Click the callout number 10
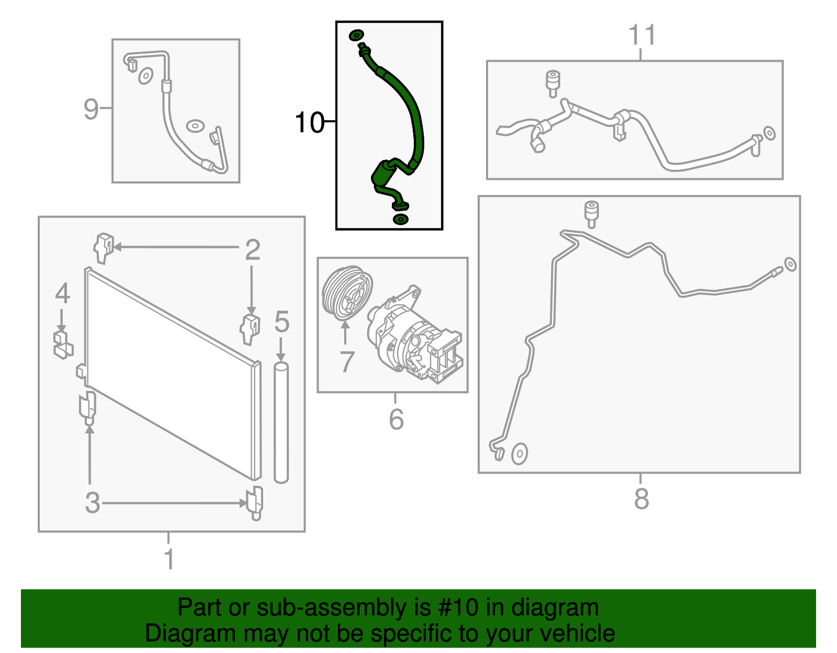tap(309, 123)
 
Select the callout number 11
tap(641, 36)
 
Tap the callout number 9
tap(91, 109)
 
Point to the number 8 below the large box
tap(641, 499)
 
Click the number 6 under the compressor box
tap(396, 419)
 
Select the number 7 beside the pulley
tap(347, 362)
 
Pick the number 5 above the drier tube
tap(281, 322)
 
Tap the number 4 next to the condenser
tap(62, 293)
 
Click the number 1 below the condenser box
tap(168, 559)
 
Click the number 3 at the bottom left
tap(93, 503)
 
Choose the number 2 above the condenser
tap(252, 250)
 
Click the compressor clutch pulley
tap(347, 293)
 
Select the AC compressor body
tap(416, 340)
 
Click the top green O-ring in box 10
tap(356, 35)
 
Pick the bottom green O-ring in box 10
tap(400, 219)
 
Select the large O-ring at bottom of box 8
tap(519, 454)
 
